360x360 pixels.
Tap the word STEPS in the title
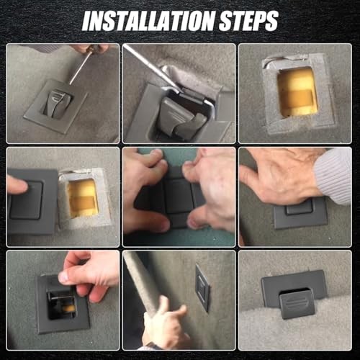click(x=249, y=21)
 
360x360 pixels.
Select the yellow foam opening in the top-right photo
click(x=297, y=91)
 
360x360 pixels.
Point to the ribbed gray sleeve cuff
click(x=334, y=175)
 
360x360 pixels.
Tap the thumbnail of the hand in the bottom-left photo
click(x=64, y=277)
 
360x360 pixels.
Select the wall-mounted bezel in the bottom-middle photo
click(x=203, y=288)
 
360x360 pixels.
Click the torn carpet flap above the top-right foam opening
click(x=286, y=60)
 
